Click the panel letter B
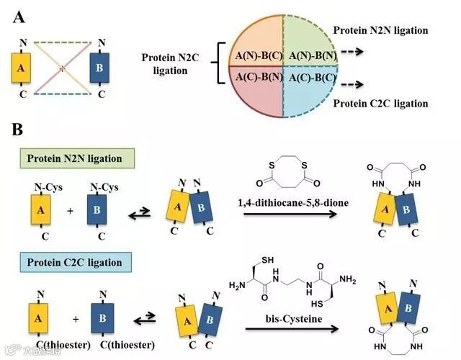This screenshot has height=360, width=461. (x=19, y=130)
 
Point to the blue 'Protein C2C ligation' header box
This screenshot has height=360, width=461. (x=74, y=260)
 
